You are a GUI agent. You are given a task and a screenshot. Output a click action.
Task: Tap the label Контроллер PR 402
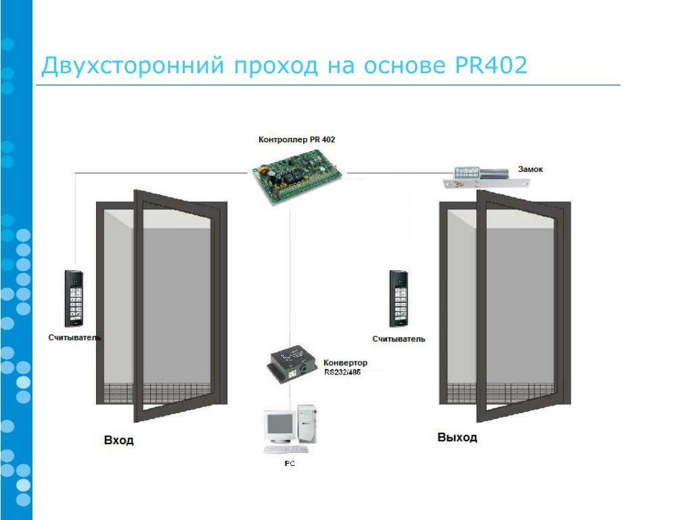pyautogui.click(x=296, y=139)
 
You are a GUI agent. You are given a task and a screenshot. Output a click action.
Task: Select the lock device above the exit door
pyautogui.click(x=486, y=178)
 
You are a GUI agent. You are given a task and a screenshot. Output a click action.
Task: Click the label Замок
pyautogui.click(x=531, y=169)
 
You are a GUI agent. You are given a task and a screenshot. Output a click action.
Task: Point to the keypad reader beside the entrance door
pyautogui.click(x=74, y=298)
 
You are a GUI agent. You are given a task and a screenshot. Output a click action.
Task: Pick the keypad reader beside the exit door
pyautogui.click(x=399, y=298)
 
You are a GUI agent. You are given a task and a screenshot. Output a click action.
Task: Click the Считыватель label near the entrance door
pyautogui.click(x=74, y=337)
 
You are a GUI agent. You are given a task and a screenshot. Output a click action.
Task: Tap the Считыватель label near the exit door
pyautogui.click(x=399, y=339)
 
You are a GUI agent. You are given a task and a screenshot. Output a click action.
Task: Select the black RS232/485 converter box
pyautogui.click(x=292, y=362)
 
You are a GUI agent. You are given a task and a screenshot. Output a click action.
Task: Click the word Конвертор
pyautogui.click(x=345, y=363)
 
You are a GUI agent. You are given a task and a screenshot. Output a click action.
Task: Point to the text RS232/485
pyautogui.click(x=342, y=372)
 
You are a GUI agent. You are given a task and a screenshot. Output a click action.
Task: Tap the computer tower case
pyautogui.click(x=307, y=423)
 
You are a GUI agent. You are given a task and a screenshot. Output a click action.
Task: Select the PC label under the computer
pyautogui.click(x=290, y=463)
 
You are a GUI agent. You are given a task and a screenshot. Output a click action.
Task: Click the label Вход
pyautogui.click(x=118, y=440)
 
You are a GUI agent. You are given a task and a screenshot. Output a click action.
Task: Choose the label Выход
pyautogui.click(x=457, y=437)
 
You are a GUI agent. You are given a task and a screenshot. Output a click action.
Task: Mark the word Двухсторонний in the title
pyautogui.click(x=133, y=66)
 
